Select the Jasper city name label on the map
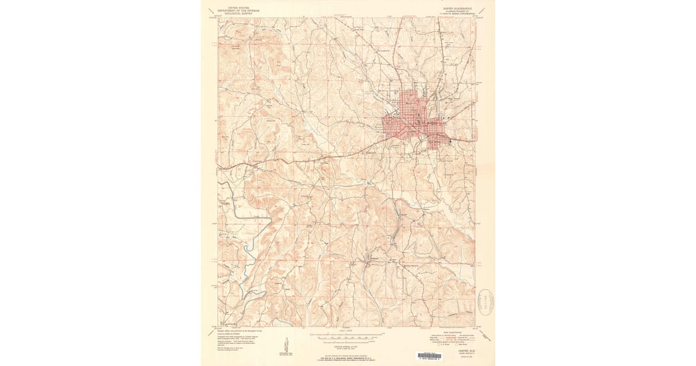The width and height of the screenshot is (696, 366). (x=413, y=131)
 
